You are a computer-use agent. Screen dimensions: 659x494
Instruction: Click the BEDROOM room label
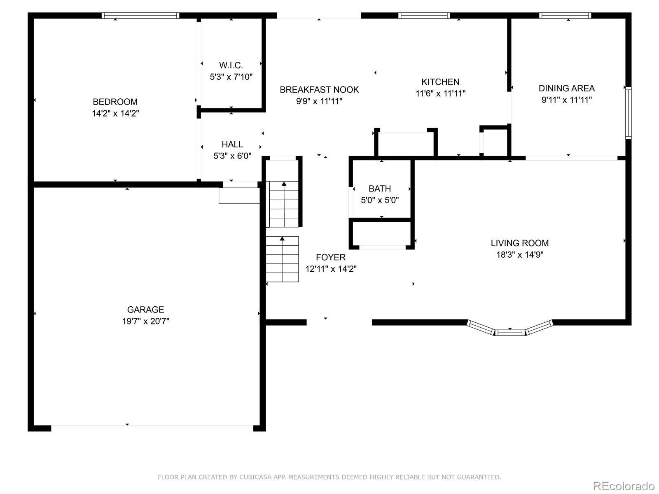point(115,102)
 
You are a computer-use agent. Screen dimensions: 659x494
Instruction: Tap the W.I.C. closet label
point(231,65)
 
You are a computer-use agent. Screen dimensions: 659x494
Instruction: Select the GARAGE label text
point(145,310)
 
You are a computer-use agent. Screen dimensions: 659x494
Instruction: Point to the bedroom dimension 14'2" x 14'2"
point(115,113)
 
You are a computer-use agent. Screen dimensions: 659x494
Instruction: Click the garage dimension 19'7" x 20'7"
point(145,321)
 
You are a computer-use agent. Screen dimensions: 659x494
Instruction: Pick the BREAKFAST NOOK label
point(319,90)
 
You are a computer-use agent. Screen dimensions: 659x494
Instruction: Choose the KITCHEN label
point(440,82)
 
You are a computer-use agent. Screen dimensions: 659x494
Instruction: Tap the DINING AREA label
point(566,88)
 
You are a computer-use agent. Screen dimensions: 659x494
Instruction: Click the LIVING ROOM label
point(520,243)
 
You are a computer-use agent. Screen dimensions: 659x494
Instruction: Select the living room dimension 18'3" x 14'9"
point(520,255)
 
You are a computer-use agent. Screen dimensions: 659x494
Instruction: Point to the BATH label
point(380,189)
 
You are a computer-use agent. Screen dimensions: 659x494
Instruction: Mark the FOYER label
point(331,257)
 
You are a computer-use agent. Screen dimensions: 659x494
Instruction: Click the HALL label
point(232,144)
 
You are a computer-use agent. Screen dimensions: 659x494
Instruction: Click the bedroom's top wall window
point(140,16)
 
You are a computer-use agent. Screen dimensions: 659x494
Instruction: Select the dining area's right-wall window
point(629,113)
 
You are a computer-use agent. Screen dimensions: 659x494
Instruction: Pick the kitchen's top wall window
point(424,16)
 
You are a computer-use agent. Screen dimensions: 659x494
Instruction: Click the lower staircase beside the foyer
point(282,259)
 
